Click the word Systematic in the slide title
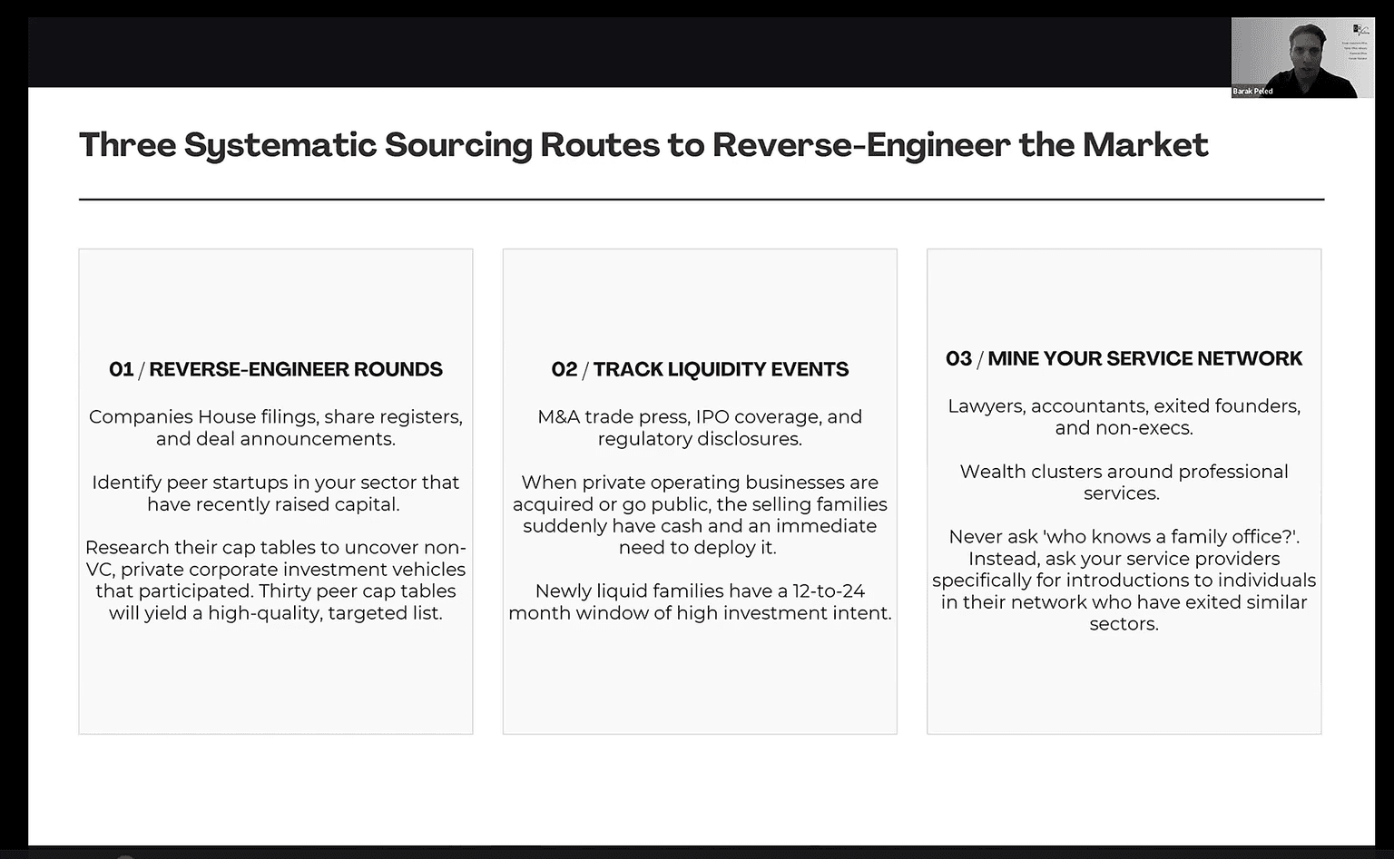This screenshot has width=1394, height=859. click(280, 145)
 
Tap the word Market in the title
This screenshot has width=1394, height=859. click(1145, 144)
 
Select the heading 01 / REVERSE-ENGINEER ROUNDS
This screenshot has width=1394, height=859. click(276, 369)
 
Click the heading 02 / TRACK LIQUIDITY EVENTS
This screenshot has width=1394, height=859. click(700, 369)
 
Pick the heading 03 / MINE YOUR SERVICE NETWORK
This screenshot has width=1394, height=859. click(1124, 359)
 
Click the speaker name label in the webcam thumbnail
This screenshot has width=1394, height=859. click(1252, 92)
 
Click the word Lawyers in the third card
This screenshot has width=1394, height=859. click(987, 406)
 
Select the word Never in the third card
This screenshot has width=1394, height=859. click(976, 537)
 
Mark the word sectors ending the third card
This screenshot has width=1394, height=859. click(1124, 624)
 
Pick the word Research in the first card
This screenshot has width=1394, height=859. click(127, 547)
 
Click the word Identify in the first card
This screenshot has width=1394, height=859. click(127, 483)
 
